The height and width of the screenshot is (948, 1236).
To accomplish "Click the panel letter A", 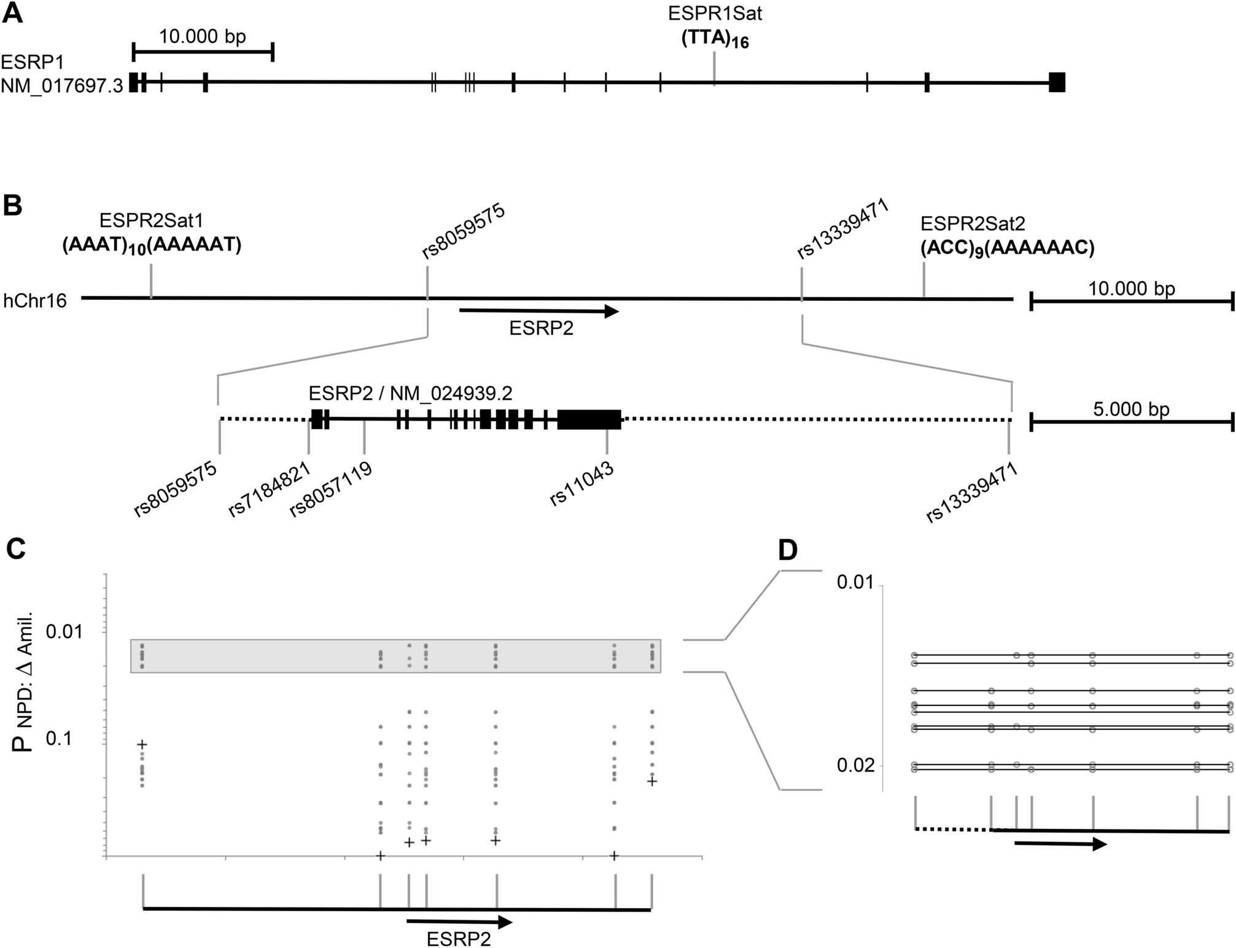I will (13, 14).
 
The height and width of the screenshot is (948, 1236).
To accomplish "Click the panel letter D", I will (788, 551).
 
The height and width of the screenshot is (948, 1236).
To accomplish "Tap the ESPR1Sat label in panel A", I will (715, 14).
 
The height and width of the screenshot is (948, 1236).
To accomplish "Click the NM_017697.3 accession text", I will (61, 85).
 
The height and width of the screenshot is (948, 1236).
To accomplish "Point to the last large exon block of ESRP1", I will (1057, 82).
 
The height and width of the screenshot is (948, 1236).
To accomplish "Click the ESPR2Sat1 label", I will (150, 222).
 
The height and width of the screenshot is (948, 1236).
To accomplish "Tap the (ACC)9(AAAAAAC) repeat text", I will (1007, 247).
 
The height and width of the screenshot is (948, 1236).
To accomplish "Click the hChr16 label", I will (35, 301).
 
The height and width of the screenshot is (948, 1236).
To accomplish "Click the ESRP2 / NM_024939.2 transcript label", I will (410, 392).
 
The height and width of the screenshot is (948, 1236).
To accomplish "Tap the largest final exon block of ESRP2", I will (589, 419).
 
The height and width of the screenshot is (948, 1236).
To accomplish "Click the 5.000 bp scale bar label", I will (1131, 409).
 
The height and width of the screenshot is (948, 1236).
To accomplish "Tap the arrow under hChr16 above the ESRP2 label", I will (538, 311).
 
